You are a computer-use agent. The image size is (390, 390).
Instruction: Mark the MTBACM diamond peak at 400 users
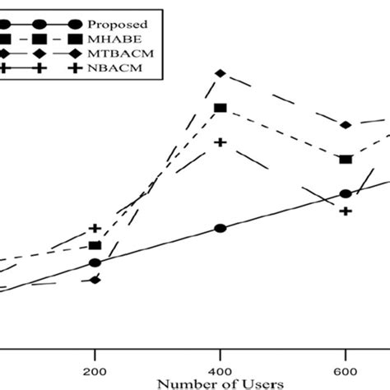pos(220,74)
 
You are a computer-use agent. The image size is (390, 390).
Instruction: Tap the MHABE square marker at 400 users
pos(220,109)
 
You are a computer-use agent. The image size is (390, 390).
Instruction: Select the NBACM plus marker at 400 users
pos(220,142)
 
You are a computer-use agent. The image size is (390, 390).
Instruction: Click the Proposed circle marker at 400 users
pos(220,229)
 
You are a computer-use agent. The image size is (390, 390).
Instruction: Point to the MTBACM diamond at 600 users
pos(346,125)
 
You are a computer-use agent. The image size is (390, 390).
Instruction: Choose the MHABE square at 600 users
pos(346,159)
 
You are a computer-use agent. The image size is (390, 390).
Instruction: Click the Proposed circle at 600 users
pos(346,194)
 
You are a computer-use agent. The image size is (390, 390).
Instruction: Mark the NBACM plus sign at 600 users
pos(346,211)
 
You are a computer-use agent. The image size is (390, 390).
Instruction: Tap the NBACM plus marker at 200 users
pos(95,228)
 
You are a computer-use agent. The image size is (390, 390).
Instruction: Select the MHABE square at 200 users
pos(95,246)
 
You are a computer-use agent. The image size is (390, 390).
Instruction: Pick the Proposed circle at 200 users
pos(95,263)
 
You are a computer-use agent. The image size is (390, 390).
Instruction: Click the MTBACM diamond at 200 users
pos(95,281)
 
